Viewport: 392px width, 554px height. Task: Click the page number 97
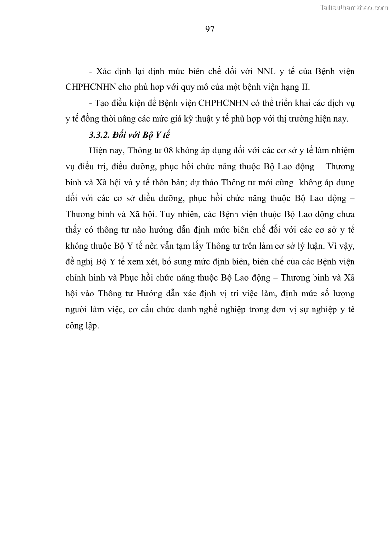209,29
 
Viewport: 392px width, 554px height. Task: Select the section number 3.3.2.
100,135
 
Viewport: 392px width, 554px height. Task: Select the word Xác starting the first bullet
105,71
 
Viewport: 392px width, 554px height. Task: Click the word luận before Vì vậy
306,247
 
